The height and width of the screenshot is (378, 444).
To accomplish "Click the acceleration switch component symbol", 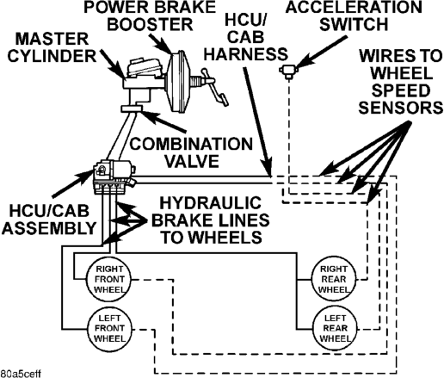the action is (288, 71).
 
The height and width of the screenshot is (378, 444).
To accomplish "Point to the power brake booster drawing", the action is (178, 82).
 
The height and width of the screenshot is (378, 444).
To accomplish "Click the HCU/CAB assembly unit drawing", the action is (114, 177).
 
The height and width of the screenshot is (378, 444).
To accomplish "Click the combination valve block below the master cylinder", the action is (132, 108).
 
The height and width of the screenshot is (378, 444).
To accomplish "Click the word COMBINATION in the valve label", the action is (191, 144).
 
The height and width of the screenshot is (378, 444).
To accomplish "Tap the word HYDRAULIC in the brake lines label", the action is (211, 203).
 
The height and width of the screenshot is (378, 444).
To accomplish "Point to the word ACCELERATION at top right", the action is (354, 7).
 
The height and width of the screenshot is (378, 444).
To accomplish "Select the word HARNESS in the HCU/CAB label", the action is (245, 54).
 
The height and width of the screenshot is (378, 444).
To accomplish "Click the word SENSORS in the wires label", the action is (400, 108).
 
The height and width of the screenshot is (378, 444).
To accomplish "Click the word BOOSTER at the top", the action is (150, 24).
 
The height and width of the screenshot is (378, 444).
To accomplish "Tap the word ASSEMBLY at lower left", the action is (49, 228).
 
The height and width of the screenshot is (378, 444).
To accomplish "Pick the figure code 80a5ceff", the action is (21, 374).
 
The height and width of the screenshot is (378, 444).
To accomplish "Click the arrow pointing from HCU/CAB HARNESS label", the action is (257, 121).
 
